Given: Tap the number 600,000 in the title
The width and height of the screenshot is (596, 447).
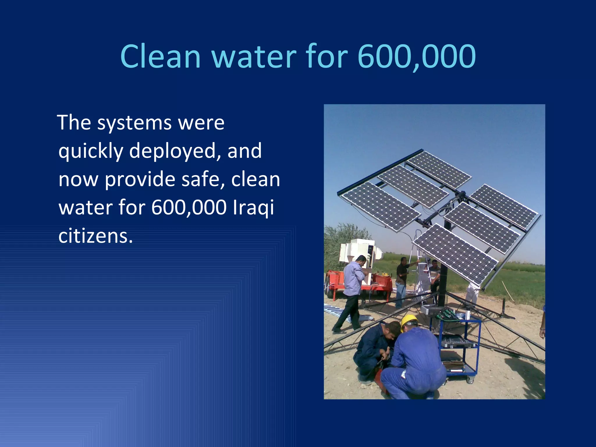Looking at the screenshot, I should click(x=416, y=57).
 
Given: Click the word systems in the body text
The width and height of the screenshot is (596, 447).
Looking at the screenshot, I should click(x=134, y=123).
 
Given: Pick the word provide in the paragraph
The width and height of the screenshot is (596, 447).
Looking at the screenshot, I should click(x=140, y=180).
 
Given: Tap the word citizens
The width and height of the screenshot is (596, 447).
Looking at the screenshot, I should click(x=95, y=236).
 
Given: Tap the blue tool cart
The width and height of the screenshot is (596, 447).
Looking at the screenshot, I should click(x=458, y=346).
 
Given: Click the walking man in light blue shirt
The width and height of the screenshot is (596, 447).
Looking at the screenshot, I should click(x=352, y=291).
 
